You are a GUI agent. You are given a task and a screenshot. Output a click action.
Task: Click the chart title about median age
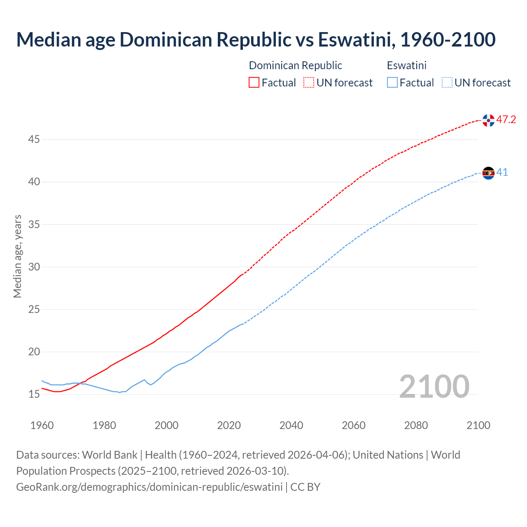256,40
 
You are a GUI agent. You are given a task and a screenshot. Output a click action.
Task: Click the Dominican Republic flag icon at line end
488,120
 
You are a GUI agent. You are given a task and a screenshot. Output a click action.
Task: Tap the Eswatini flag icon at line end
488,173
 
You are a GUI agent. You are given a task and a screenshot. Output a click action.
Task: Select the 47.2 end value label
506,120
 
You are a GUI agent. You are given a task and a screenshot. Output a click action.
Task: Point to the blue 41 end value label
502,173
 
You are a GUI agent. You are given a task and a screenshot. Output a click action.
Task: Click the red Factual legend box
254,83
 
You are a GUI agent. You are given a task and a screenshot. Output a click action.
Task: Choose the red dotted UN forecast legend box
309,83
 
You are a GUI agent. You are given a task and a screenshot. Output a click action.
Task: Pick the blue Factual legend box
392,83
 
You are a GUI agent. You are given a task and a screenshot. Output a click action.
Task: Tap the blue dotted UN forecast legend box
447,83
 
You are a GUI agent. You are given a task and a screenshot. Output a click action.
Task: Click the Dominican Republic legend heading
295,65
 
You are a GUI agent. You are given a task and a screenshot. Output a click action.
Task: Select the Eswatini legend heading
406,65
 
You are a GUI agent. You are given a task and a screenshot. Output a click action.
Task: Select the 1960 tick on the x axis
42,425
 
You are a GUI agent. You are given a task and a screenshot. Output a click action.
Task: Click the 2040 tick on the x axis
291,425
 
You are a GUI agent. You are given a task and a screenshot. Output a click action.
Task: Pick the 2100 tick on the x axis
478,425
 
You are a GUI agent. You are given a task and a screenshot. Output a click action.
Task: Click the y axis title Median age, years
17,256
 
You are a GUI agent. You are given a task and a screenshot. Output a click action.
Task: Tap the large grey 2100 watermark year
434,387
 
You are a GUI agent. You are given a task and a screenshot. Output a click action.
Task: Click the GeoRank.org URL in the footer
149,487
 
